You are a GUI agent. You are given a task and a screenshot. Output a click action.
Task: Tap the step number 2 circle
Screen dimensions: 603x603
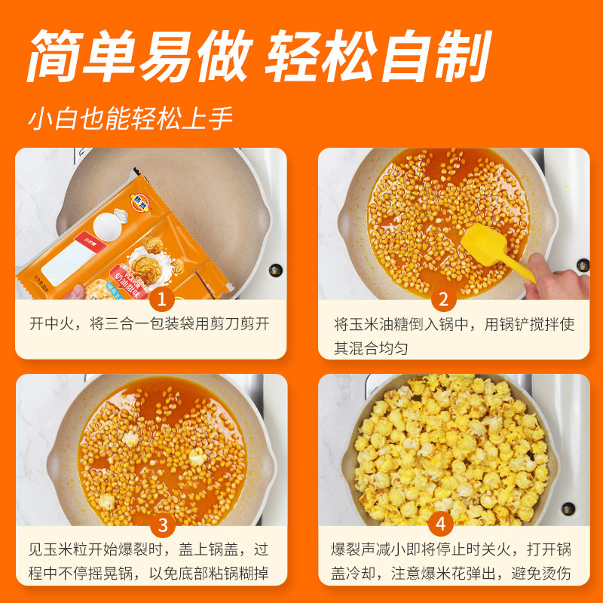coord(443,300)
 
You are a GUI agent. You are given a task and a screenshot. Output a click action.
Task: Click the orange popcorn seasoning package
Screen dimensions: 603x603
coord(121,241)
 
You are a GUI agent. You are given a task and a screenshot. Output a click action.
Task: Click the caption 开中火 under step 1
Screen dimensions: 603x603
coord(54,325)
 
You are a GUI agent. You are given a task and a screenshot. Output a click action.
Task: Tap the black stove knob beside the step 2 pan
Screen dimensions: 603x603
coord(583,265)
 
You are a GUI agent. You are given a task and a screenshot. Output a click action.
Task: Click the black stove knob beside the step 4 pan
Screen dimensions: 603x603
coord(582,492)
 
